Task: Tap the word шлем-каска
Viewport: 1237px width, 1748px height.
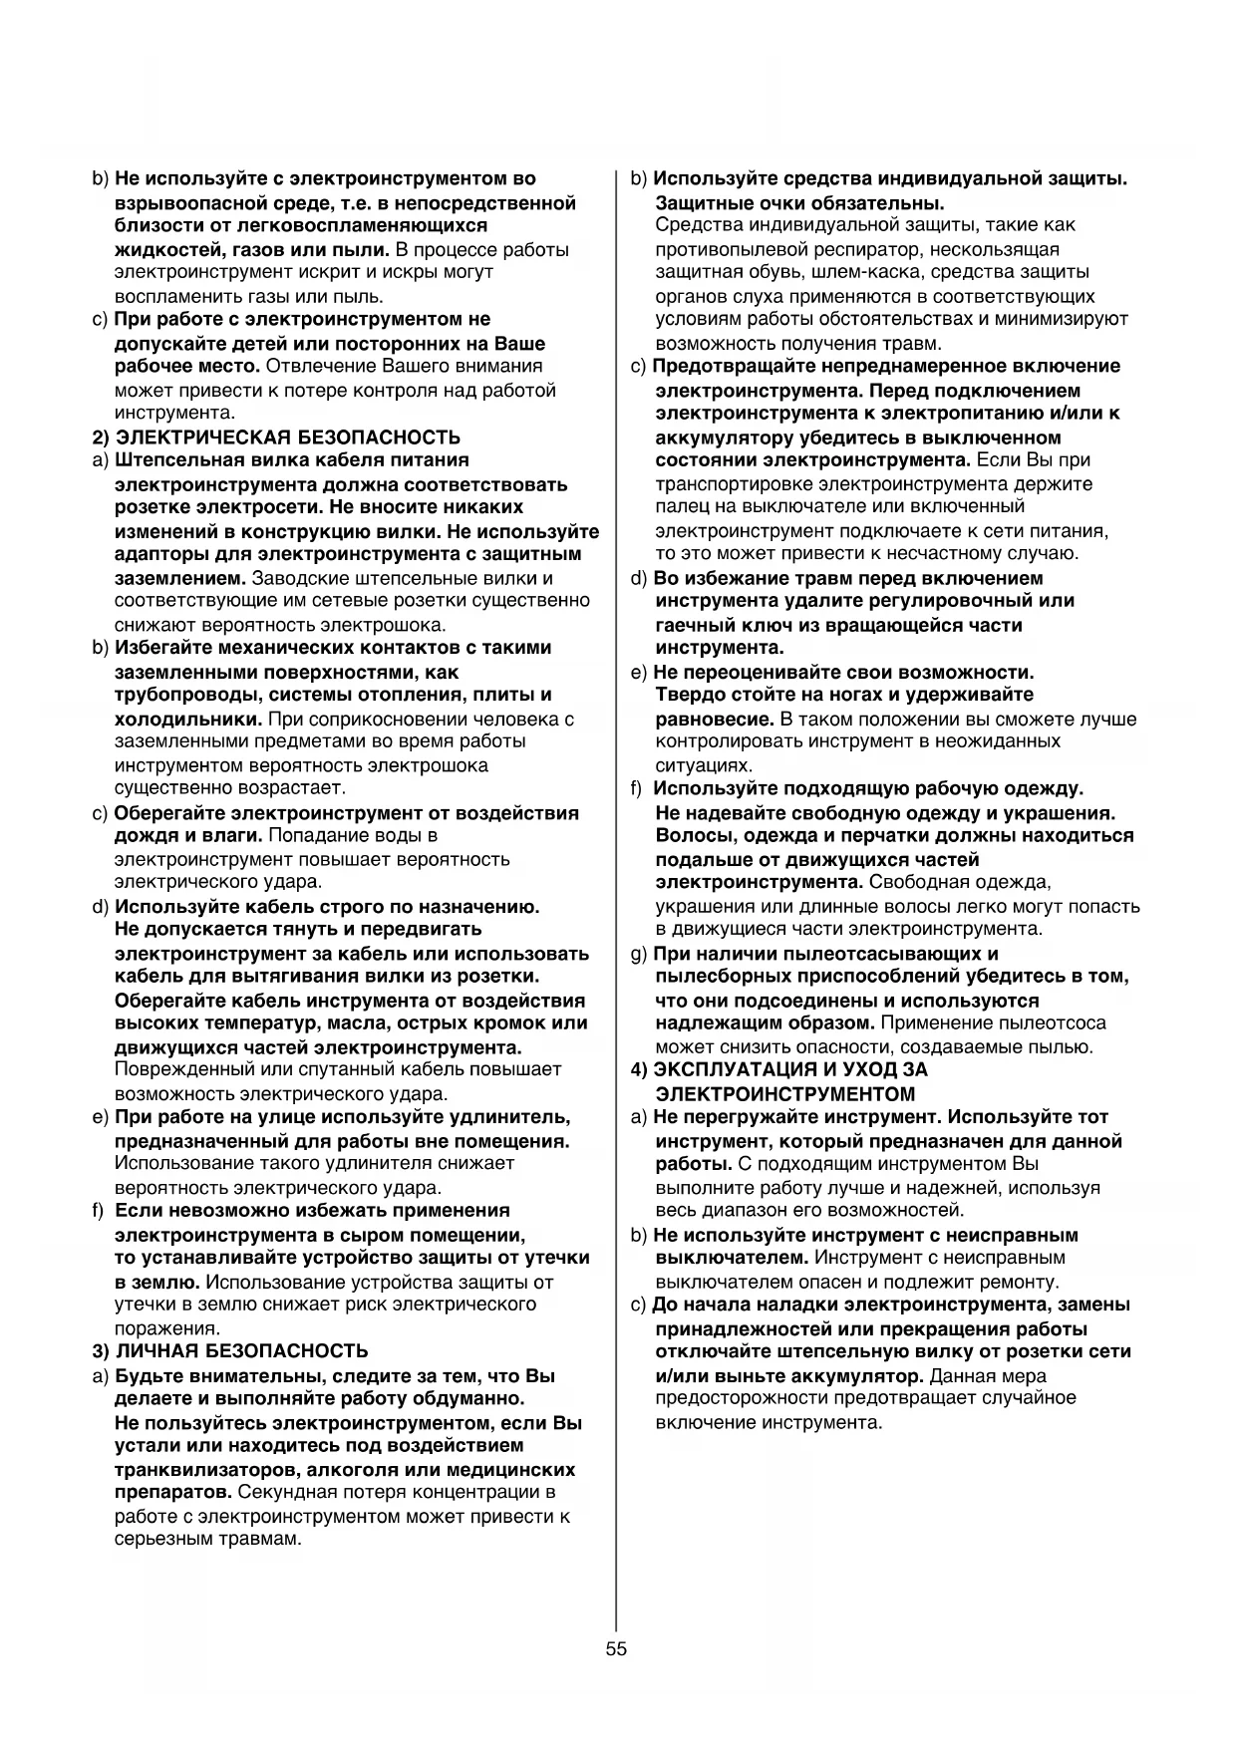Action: [892, 272]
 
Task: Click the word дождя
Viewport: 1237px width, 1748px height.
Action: [143, 835]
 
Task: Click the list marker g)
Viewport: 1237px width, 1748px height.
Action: [639, 954]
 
